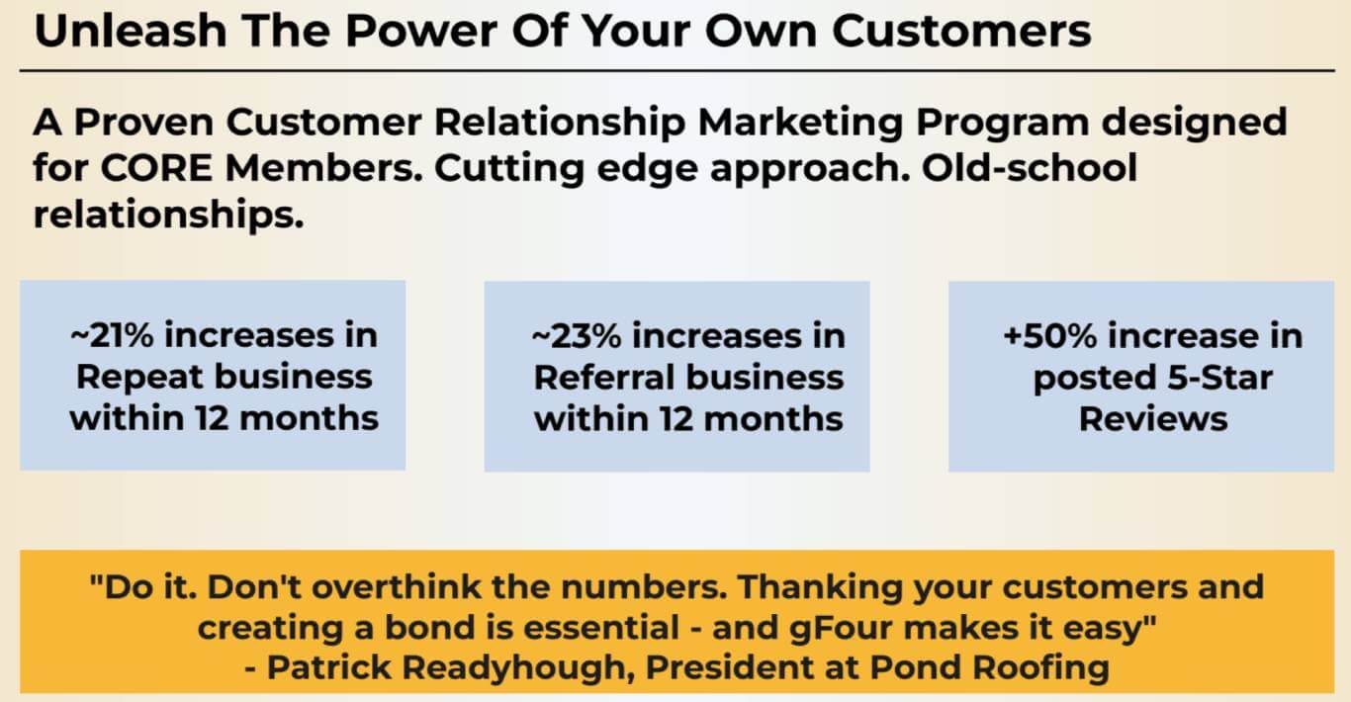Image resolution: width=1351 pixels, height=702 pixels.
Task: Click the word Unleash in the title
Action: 131,31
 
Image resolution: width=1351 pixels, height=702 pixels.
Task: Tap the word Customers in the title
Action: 961,31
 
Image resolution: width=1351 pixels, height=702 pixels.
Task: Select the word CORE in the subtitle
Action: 156,168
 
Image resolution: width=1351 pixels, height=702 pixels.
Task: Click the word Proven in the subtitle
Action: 144,123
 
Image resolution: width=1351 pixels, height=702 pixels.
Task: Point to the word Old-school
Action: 1030,167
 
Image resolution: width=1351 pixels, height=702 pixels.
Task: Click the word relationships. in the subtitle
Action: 168,215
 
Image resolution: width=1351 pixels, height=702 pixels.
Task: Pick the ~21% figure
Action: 112,335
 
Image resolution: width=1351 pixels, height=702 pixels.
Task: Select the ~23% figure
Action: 576,336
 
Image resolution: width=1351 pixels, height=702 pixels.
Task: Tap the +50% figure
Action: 1050,336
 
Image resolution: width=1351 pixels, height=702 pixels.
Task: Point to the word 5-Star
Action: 1220,378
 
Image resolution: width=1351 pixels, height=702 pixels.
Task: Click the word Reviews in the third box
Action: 1153,419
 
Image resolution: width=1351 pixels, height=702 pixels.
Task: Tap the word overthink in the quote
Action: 397,586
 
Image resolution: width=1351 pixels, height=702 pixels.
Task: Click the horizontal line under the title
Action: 676,70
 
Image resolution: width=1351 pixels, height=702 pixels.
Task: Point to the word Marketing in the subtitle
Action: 800,123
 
